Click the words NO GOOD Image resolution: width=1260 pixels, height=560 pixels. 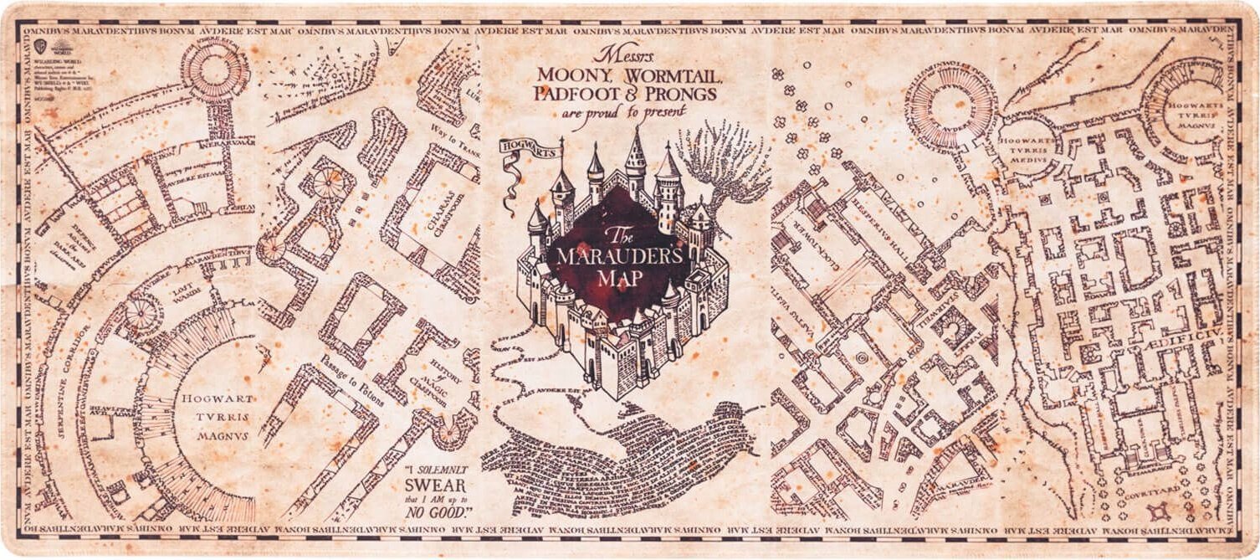click(438, 511)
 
